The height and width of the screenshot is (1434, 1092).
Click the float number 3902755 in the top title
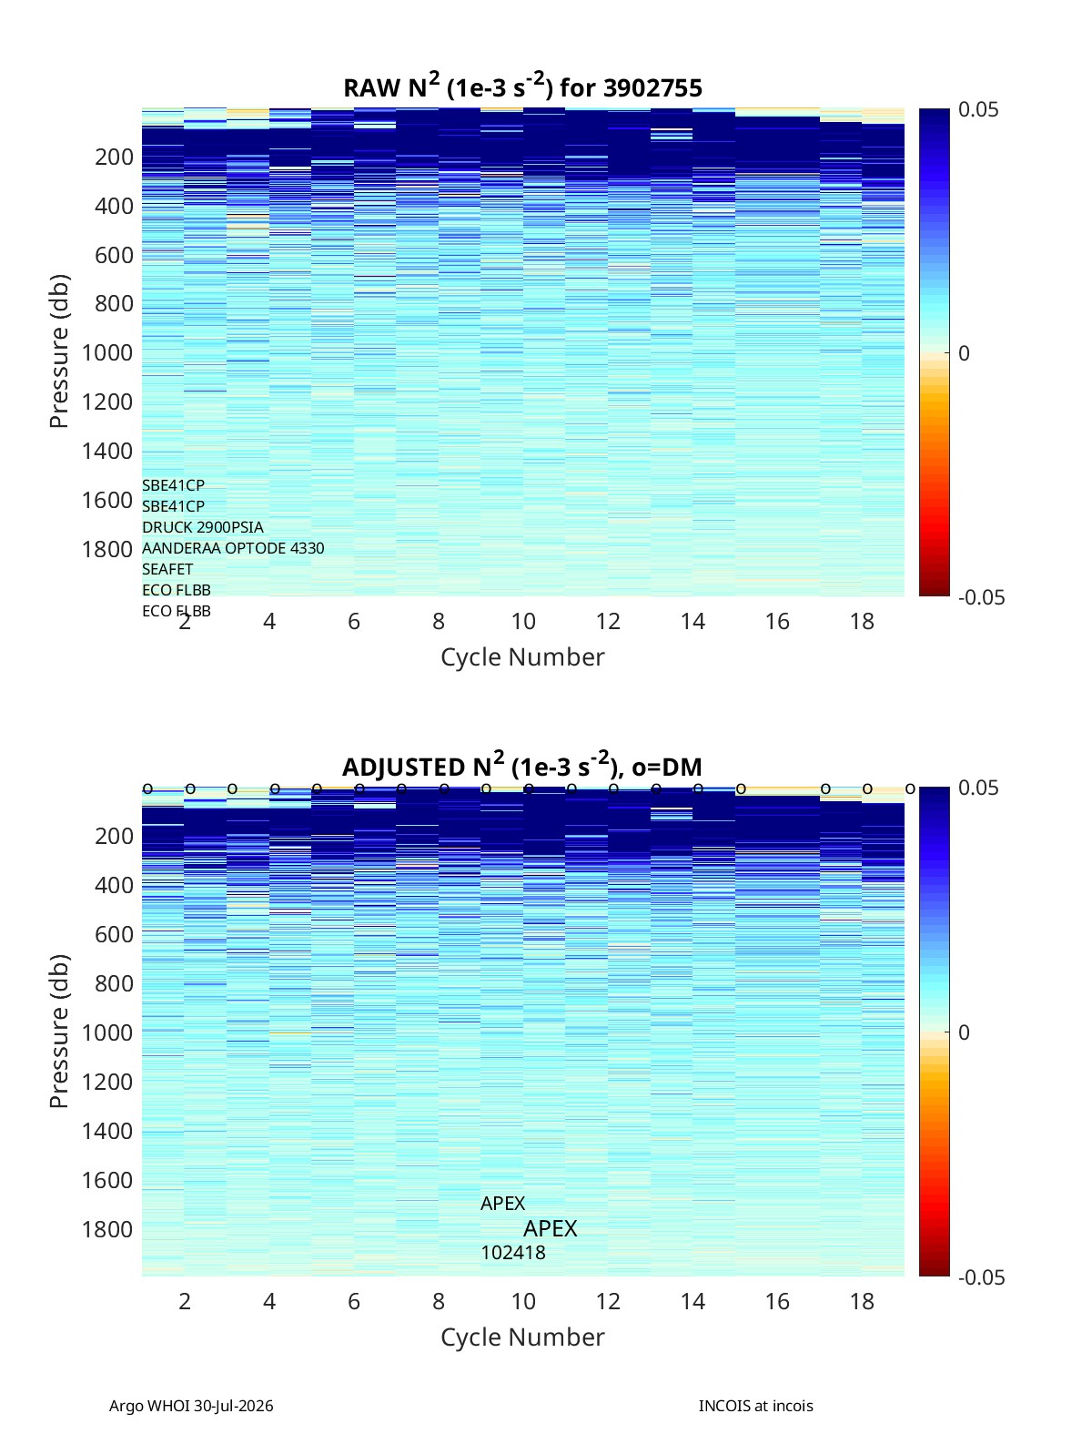(652, 88)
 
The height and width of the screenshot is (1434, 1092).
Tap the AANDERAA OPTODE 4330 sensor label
(233, 548)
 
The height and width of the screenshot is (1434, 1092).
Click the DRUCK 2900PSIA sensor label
(203, 527)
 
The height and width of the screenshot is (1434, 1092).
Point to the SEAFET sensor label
(167, 569)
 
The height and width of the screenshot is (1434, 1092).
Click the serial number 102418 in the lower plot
(513, 1253)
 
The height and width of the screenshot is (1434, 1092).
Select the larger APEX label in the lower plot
(551, 1229)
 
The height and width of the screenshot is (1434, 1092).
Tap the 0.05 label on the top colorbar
(977, 109)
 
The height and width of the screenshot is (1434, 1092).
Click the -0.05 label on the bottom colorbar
(981, 1276)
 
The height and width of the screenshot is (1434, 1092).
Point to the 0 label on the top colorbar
(964, 353)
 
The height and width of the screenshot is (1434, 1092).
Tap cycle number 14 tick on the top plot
(693, 621)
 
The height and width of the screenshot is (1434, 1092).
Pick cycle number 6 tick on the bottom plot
(354, 1301)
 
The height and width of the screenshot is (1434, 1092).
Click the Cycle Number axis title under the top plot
(523, 656)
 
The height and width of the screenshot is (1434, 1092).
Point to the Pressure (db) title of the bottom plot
(59, 1031)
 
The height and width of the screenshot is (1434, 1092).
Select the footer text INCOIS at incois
(756, 1406)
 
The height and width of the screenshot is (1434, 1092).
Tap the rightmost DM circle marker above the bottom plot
(910, 789)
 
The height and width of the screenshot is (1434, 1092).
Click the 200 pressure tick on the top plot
(115, 157)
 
